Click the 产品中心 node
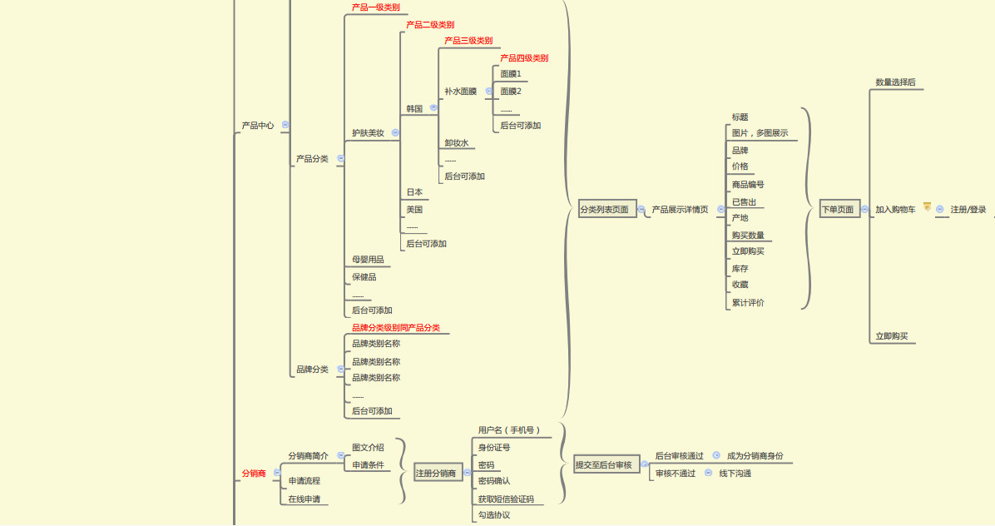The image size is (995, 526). (257, 126)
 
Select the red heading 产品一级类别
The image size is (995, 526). (375, 7)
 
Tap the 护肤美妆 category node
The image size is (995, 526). (368, 133)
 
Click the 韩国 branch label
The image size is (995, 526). (414, 109)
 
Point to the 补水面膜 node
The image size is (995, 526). (460, 92)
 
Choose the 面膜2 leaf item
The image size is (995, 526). (511, 92)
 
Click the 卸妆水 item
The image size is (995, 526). (457, 143)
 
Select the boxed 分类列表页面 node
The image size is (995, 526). (604, 210)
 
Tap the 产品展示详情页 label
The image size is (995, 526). (680, 210)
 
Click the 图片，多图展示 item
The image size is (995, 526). (760, 133)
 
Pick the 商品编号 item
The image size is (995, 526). (748, 185)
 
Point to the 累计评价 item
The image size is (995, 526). (748, 303)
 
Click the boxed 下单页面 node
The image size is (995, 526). (838, 210)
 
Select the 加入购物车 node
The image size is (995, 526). (895, 210)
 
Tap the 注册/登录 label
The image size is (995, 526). (968, 210)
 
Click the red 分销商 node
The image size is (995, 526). (254, 474)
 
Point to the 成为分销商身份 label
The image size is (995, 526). (755, 456)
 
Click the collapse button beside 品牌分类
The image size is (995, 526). (340, 370)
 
